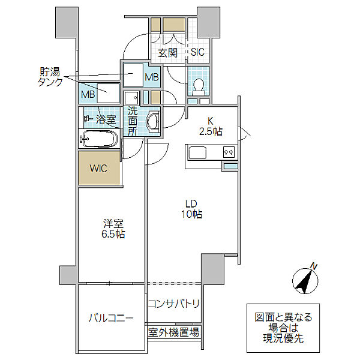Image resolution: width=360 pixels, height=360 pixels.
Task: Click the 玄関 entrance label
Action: pyautogui.click(x=167, y=53)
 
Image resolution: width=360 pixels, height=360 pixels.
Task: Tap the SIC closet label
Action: pyautogui.click(x=197, y=52)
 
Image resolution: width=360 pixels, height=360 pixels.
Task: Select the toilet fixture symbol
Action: pyautogui.click(x=199, y=88)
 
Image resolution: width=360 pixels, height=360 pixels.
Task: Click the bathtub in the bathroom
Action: pyautogui.click(x=99, y=139)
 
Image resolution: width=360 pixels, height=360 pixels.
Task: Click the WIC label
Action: pyautogui.click(x=98, y=169)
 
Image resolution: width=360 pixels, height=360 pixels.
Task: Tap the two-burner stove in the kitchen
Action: pyautogui.click(x=229, y=152)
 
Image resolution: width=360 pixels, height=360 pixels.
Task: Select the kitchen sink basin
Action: pyautogui.click(x=197, y=152)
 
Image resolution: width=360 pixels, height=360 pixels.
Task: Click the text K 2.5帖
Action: pyautogui.click(x=211, y=126)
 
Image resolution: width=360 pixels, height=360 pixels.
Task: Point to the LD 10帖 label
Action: pyautogui.click(x=191, y=209)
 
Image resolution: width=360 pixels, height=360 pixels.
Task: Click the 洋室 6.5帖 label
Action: pyautogui.click(x=113, y=229)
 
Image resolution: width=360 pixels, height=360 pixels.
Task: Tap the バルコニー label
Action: pyautogui.click(x=111, y=318)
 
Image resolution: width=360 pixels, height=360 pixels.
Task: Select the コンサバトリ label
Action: pyautogui.click(x=173, y=304)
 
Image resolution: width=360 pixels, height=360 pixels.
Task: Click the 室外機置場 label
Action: pyautogui.click(x=173, y=332)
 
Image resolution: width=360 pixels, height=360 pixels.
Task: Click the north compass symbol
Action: pyautogui.click(x=305, y=281)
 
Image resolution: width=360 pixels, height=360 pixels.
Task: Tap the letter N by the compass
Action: pyautogui.click(x=314, y=266)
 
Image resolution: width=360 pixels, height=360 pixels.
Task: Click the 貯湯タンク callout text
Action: pyautogui.click(x=50, y=77)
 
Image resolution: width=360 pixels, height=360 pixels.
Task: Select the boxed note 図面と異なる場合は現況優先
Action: pyautogui.click(x=283, y=328)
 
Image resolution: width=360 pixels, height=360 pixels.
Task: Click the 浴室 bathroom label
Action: pyautogui.click(x=106, y=119)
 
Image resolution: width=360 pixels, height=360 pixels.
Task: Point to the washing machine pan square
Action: pyautogui.click(x=132, y=98)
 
